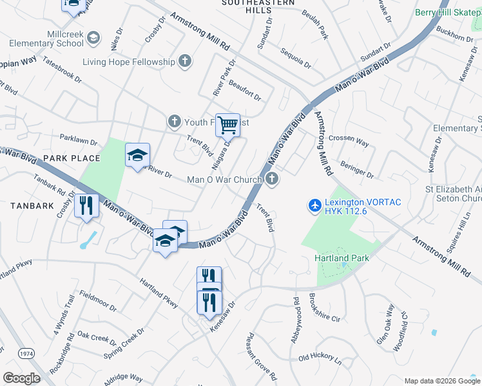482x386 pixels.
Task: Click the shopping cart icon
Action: [227, 124]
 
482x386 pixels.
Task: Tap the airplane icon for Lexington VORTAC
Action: [314, 206]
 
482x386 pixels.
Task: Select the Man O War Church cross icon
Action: [272, 179]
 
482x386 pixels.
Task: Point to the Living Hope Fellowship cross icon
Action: [185, 62]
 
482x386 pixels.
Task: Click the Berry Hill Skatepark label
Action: [448, 12]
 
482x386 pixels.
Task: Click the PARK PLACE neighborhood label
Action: [72, 158]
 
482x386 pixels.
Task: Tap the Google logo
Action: [21, 378]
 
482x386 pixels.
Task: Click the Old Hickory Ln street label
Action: [320, 356]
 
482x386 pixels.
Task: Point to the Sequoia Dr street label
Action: [296, 57]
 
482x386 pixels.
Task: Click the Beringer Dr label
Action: [357, 170]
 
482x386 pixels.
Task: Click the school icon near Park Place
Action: [137, 156]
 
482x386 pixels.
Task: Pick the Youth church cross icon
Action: [173, 121]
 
